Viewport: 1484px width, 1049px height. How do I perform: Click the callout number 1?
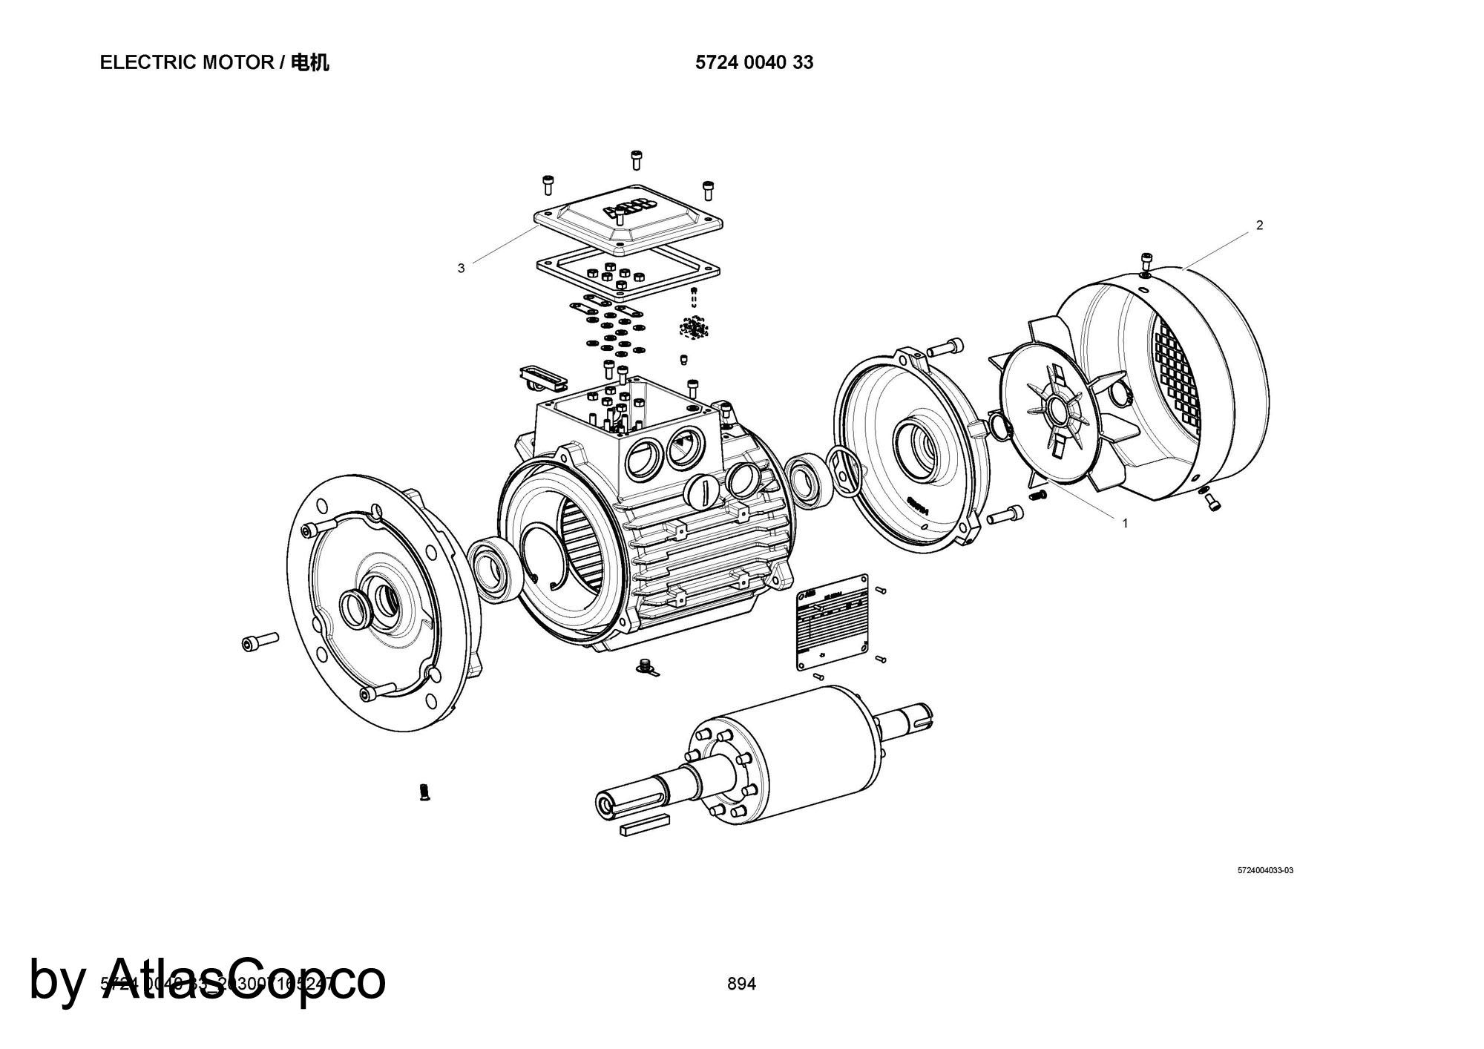(1125, 523)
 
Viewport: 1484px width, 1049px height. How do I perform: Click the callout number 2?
(1259, 226)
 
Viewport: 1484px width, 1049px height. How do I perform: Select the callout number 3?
(461, 269)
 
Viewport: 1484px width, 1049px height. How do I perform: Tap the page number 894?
(741, 984)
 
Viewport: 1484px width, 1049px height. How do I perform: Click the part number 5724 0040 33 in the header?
(754, 63)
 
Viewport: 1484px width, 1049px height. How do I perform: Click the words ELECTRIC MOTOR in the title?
(186, 63)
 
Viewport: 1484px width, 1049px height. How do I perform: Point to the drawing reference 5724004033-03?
(1265, 870)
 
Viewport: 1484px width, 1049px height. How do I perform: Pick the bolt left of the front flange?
(260, 641)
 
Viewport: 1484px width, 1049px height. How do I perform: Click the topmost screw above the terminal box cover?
(636, 159)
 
